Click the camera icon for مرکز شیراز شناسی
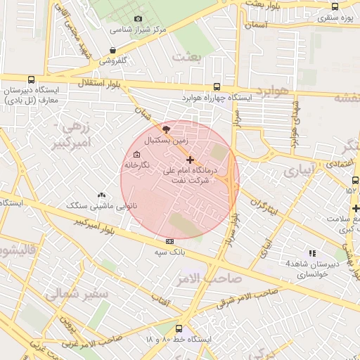coord(138,18)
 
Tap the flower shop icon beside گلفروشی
coord(113,50)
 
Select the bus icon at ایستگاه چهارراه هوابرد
coord(217,86)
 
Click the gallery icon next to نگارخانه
coord(136,154)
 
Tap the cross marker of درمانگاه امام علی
coord(190,160)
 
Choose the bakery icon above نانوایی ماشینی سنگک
coord(103,195)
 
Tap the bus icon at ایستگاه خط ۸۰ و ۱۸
coord(178,328)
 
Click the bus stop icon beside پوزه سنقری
coord(335,6)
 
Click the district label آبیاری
coord(302,171)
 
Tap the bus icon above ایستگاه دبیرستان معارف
coord(30,79)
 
